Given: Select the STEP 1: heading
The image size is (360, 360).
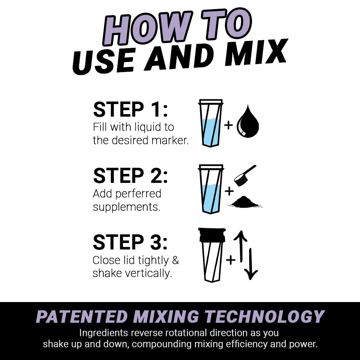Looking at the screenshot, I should click(130, 110).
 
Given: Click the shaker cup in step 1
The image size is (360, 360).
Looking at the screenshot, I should click(211, 123).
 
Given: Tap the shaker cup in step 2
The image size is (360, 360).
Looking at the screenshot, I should click(211, 189).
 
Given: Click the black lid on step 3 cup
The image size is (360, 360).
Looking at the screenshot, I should click(212, 235).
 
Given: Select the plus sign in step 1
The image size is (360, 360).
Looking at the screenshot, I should click(228, 125).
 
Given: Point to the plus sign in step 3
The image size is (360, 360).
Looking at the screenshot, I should click(230, 260).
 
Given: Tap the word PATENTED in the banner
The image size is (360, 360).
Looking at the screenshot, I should click(82, 317).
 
